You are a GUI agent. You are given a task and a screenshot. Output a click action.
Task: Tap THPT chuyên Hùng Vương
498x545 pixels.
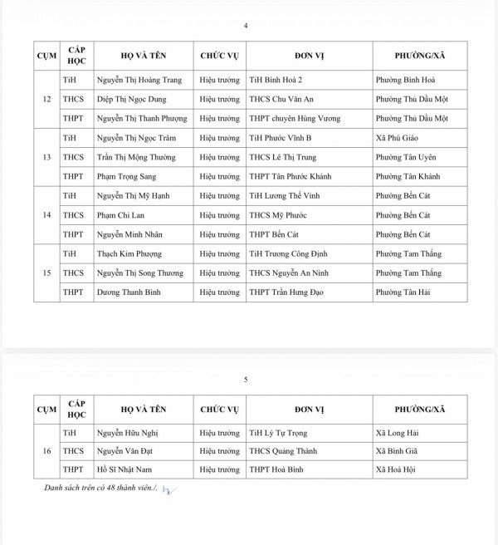292,119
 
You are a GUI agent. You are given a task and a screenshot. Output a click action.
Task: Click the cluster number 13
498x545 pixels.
46,157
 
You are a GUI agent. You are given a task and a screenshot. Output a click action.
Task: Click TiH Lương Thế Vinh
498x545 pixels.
285,195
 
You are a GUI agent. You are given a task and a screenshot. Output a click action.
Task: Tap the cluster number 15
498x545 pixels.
46,272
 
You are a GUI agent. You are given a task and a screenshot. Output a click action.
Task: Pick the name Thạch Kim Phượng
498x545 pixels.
129,253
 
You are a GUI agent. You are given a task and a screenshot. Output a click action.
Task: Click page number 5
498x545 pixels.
246,379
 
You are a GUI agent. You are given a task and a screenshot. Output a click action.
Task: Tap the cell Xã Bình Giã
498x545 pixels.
398,451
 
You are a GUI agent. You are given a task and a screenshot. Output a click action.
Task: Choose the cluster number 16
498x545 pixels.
46,451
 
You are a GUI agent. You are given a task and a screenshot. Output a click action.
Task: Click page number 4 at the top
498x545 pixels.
246,25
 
